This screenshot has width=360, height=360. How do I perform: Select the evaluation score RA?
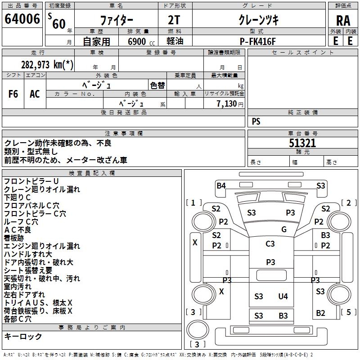pyautogui.click(x=343, y=21)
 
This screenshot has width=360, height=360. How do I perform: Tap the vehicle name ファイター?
pyautogui.click(x=116, y=21)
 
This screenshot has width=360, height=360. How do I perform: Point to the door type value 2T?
pyautogui.click(x=174, y=21)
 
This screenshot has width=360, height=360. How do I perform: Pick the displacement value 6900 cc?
pyautogui.click(x=137, y=41)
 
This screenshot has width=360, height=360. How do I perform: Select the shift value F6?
pyautogui.click(x=13, y=94)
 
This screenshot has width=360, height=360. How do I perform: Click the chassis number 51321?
pyautogui.click(x=302, y=144)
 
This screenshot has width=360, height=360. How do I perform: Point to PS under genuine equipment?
pyautogui.click(x=256, y=121)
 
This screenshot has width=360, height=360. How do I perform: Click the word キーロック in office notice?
pyautogui.click(x=23, y=337)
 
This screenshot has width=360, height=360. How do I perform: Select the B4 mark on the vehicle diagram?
pyautogui.click(x=221, y=185)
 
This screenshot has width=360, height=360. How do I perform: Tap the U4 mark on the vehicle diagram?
pyautogui.click(x=283, y=296)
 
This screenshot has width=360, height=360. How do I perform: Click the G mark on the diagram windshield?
pyautogui.click(x=284, y=229)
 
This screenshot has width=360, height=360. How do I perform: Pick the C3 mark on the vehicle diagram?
pyautogui.click(x=270, y=244)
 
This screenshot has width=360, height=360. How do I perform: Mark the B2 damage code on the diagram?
pyautogui.click(x=320, y=313)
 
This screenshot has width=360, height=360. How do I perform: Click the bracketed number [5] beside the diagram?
pyautogui.click(x=348, y=312)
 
